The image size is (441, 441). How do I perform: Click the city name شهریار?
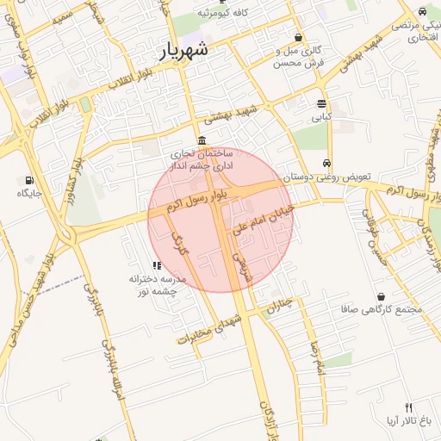point(184,51)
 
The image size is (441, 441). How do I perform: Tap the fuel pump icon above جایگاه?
point(30,181)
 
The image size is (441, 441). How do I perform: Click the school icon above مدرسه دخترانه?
point(156,265)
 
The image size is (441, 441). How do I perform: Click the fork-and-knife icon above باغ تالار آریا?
point(408,407)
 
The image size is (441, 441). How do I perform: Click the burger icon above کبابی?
point(320,102)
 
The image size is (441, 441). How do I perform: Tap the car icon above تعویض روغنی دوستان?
point(326,163)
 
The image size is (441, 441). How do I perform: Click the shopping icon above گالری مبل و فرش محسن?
point(298,37)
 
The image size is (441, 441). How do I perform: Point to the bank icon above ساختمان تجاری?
point(202,140)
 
